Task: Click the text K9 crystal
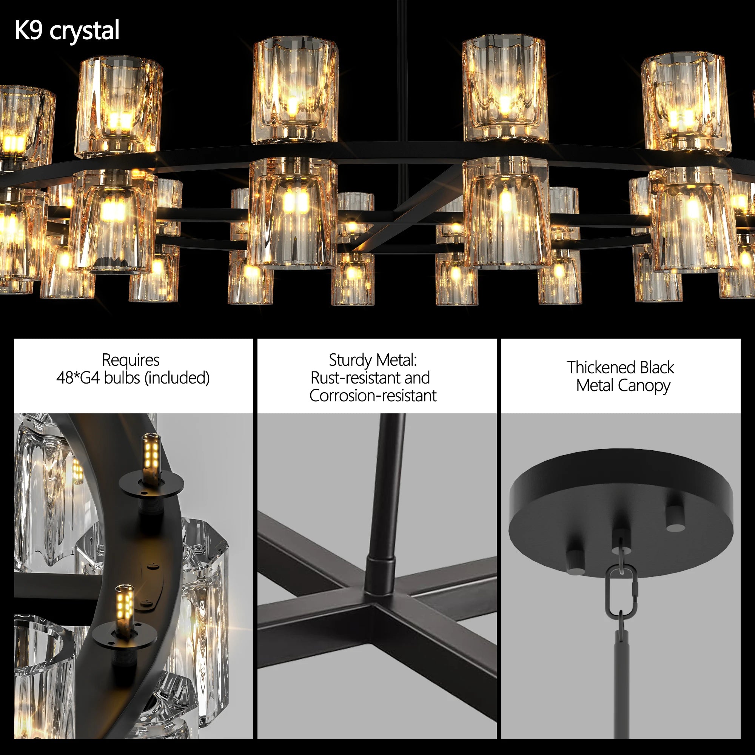67,31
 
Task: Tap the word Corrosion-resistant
373,396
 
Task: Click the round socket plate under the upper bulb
151,485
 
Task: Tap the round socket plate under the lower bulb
124,633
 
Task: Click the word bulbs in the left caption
122,378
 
